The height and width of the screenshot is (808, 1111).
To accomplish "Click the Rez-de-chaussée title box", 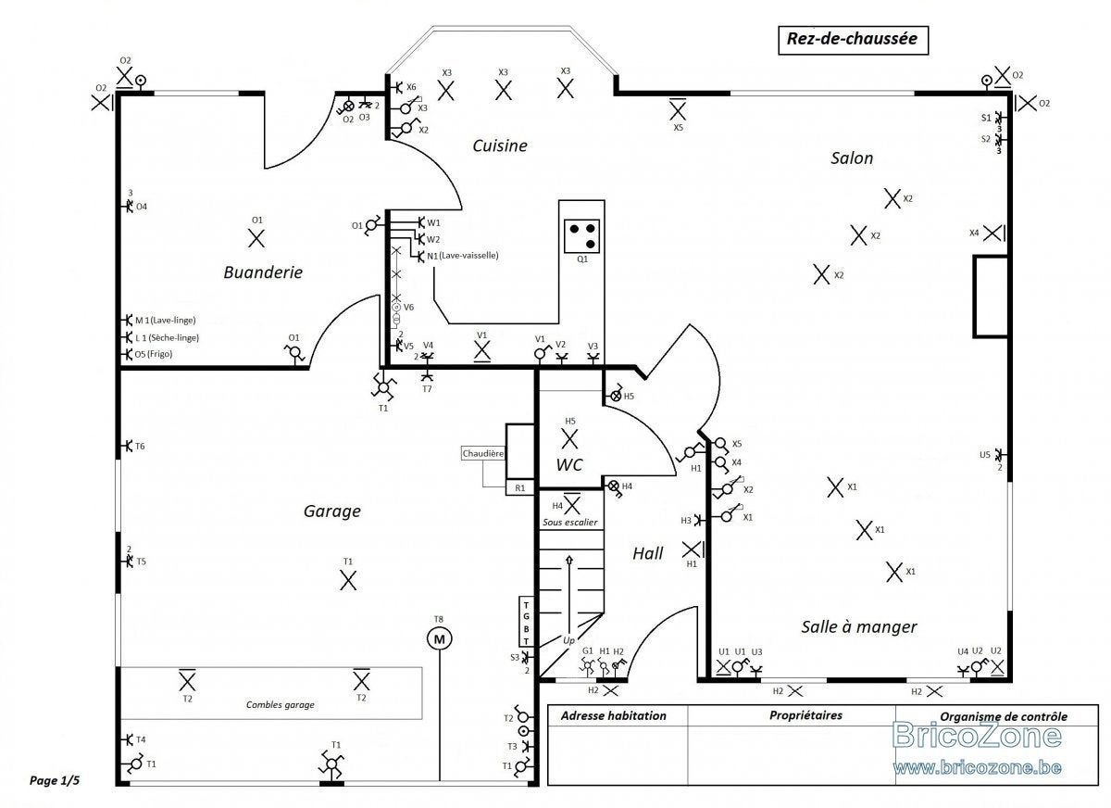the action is pos(853,40).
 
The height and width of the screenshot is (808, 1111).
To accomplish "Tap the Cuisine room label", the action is pos(499,145).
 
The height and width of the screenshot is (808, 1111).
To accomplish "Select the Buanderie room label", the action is pos(263,272).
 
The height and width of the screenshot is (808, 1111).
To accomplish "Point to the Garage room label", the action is pos(331,511).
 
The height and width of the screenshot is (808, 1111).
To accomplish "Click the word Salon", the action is pos(852,158).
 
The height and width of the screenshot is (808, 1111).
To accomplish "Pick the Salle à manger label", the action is pos(859,626).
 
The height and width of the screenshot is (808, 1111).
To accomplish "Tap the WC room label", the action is pos(568,465).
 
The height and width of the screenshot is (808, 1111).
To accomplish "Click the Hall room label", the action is pos(648,553).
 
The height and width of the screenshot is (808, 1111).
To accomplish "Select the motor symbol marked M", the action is pos(439,639).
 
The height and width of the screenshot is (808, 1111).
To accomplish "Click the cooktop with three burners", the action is pos(581,235).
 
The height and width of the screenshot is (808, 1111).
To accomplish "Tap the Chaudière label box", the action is pos(482,454).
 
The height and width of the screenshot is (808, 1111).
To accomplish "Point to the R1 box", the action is pos(519,488).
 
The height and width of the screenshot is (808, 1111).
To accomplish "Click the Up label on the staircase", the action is pos(568,640).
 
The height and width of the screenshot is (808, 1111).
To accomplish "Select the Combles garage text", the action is pos(281,705).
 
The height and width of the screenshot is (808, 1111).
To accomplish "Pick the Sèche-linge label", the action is pos(174,337).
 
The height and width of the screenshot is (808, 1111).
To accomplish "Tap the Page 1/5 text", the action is pos(55,781).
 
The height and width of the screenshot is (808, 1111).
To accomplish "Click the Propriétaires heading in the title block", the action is pos(805,715).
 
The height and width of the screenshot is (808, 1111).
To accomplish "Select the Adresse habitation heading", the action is pos(614,715).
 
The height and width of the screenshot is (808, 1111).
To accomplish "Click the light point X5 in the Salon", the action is pos(678,110).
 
